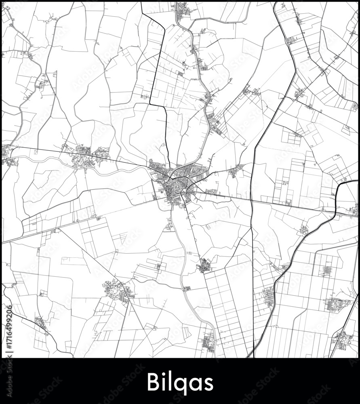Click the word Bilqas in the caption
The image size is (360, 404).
pos(180,382)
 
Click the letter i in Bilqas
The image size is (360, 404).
pos(164,382)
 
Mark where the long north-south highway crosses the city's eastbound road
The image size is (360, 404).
pos(251,200)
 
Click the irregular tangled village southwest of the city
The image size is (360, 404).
pos(117,290)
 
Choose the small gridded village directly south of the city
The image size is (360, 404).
pos(205,265)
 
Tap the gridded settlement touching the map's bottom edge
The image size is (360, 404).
pos(208,343)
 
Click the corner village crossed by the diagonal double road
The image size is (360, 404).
pos(343,339)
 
